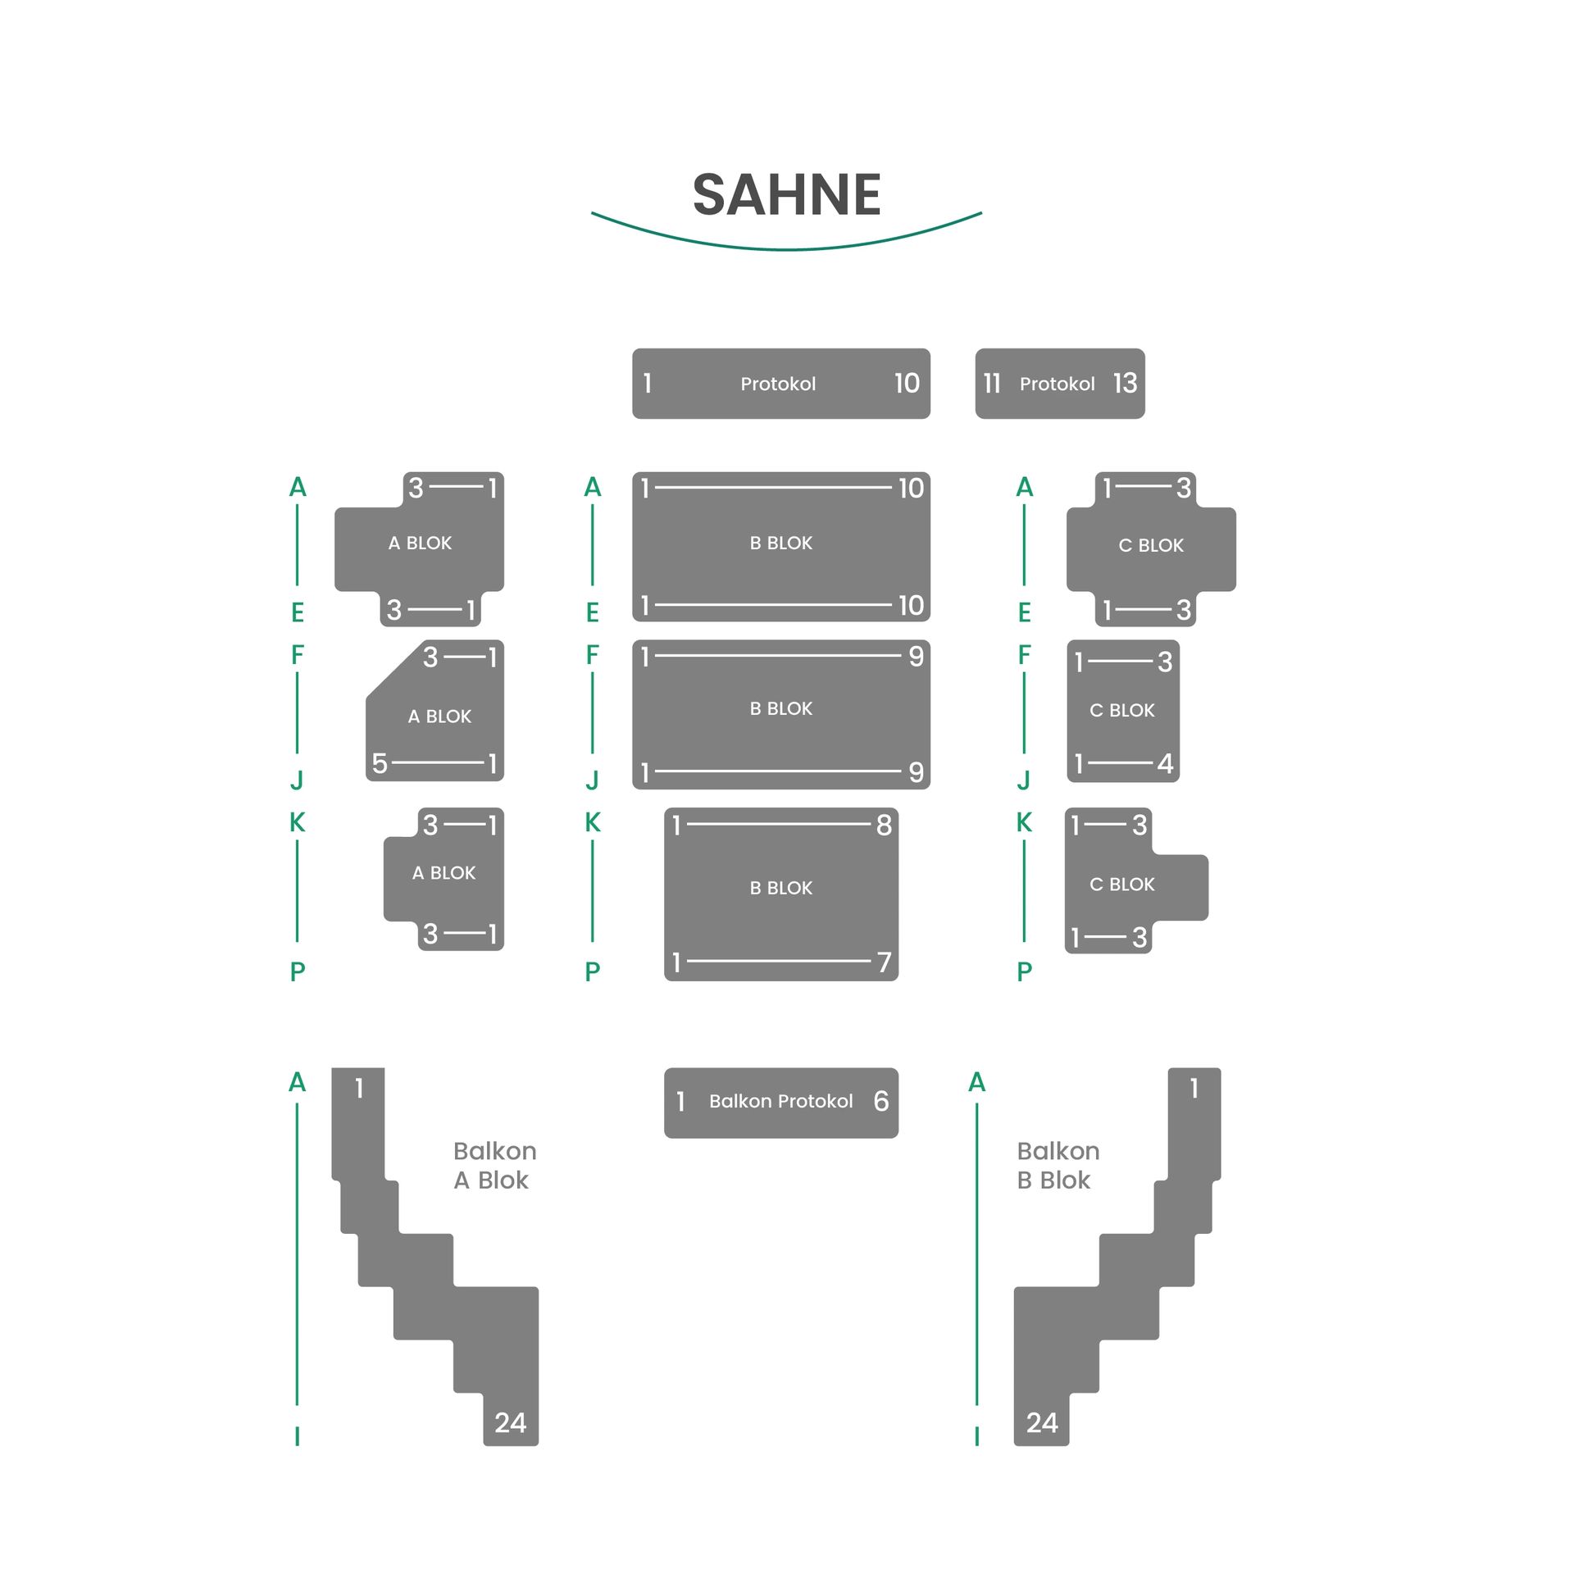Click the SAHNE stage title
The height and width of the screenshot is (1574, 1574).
(x=786, y=195)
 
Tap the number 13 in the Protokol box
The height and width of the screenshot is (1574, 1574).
(x=1125, y=383)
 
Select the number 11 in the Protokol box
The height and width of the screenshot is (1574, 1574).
(x=992, y=383)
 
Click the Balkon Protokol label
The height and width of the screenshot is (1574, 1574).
(x=780, y=1101)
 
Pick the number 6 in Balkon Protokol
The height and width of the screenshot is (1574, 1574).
(x=881, y=1101)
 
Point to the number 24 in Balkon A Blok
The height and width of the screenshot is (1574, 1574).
(x=510, y=1422)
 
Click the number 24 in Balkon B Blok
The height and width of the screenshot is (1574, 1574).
(x=1042, y=1422)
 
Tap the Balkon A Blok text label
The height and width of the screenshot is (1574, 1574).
(x=494, y=1165)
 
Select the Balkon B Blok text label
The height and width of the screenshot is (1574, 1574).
(x=1058, y=1165)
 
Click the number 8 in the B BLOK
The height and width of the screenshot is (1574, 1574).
(x=884, y=825)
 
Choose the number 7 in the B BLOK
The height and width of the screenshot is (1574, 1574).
(x=884, y=962)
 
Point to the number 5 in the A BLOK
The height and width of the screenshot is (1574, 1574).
(x=380, y=763)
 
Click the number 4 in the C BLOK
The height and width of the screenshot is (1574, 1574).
(x=1165, y=763)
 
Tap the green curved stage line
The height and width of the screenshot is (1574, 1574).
(x=786, y=248)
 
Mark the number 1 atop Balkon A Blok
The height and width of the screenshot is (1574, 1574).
(x=359, y=1088)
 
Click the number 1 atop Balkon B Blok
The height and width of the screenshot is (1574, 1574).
(x=1194, y=1088)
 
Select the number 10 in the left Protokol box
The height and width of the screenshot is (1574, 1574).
(x=907, y=383)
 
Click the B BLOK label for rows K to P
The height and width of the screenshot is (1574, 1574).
(x=780, y=888)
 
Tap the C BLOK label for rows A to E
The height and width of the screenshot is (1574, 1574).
(x=1151, y=545)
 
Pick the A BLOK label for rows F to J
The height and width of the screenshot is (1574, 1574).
(x=439, y=716)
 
